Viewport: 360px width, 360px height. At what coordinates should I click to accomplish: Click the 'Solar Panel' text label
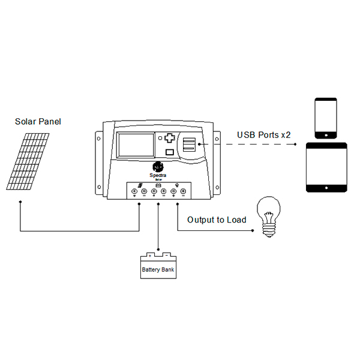[x=38, y=121]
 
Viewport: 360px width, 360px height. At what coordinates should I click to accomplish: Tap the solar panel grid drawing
[x=28, y=160]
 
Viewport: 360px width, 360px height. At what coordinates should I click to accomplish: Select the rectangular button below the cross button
[x=170, y=152]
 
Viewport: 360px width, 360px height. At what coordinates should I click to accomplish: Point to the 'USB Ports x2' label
[x=263, y=135]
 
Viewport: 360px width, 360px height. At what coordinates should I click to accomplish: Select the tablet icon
[x=328, y=167]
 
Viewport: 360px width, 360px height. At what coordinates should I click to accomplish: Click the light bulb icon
[x=269, y=215]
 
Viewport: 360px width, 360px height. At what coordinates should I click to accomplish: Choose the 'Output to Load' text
[x=217, y=220]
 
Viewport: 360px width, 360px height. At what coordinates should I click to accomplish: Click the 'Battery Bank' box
[x=158, y=267]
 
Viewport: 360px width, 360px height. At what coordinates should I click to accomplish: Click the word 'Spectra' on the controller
[x=158, y=175]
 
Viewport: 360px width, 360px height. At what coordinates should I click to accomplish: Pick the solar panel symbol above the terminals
[x=139, y=185]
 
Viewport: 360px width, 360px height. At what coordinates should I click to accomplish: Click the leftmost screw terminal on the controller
[x=134, y=191]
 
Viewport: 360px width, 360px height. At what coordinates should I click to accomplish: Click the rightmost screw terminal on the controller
[x=183, y=191]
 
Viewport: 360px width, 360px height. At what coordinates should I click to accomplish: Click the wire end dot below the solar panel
[x=20, y=202]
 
